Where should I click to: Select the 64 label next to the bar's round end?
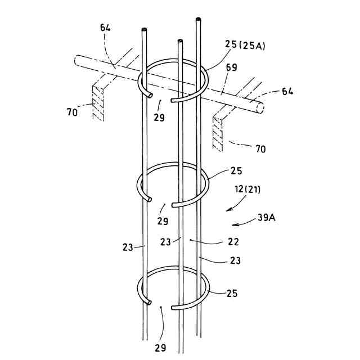[287, 91]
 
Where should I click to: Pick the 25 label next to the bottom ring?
[232, 293]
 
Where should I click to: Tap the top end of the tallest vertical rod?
[198, 21]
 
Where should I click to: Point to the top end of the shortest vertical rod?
[180, 42]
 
